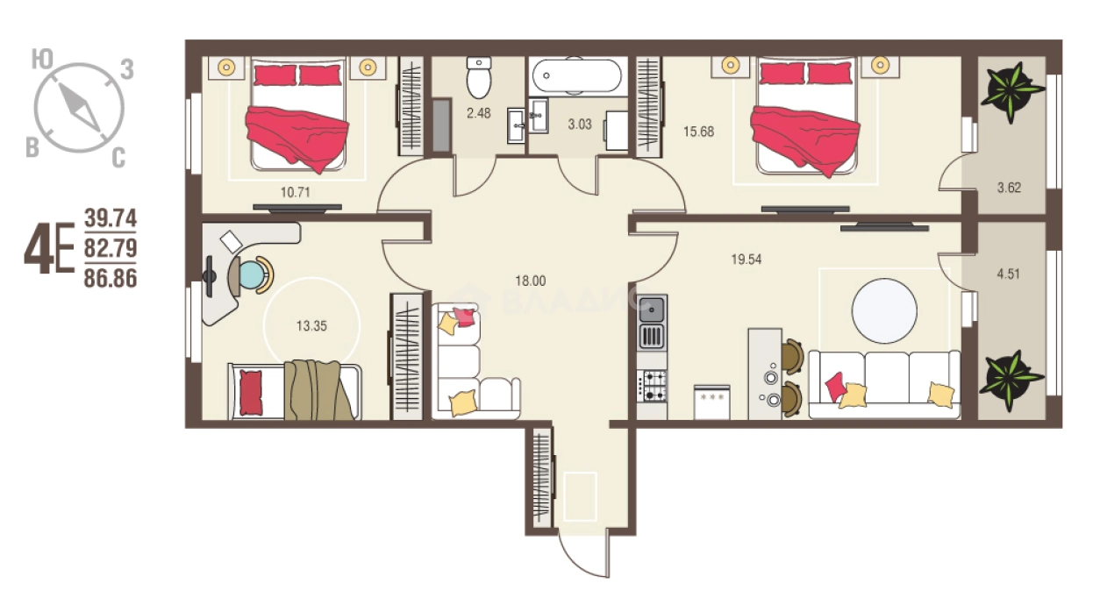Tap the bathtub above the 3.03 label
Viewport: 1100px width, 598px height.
[577, 76]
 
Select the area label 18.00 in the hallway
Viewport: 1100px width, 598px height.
[531, 281]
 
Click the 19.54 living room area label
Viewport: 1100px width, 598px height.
[746, 260]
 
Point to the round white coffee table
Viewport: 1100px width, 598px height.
[884, 311]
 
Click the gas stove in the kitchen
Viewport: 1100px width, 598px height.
[652, 386]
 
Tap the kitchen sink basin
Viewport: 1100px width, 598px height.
[651, 310]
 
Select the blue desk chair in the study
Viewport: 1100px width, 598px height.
[252, 275]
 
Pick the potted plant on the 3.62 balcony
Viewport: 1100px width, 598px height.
[1012, 92]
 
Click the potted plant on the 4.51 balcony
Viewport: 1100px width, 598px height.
[1011, 381]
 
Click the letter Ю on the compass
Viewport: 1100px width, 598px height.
[42, 60]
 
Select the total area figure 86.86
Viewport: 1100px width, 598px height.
[111, 279]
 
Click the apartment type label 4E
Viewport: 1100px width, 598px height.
[49, 248]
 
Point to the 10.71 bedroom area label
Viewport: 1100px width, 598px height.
[295, 192]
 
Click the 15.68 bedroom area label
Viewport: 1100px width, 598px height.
[699, 132]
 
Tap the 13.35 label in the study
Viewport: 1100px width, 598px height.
[311, 326]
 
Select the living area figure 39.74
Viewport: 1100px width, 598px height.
[111, 218]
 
